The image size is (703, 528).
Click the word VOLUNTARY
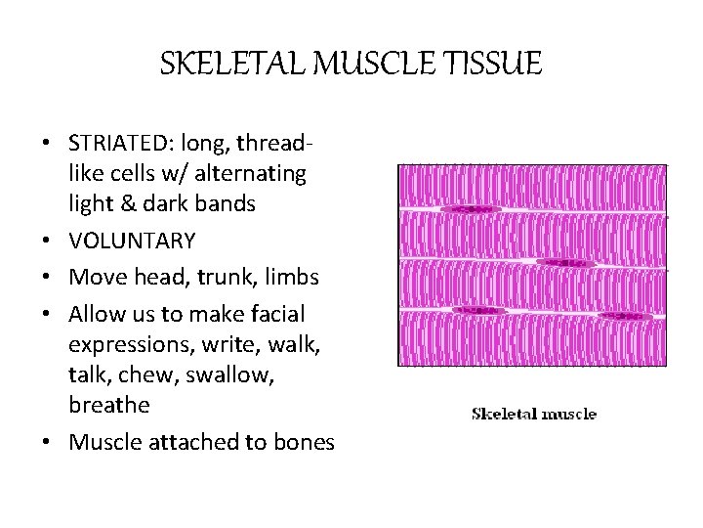tap(132, 241)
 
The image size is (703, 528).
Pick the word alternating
tap(251, 173)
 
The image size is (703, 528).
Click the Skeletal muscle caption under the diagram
tap(533, 414)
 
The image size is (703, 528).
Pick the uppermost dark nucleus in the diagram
tap(466, 209)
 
